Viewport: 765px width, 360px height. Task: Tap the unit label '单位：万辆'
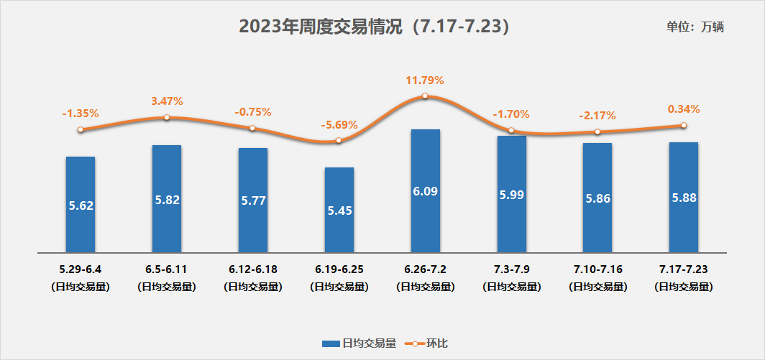[695, 27]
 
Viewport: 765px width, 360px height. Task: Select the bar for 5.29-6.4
[81, 205]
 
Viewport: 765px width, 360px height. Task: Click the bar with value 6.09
[425, 191]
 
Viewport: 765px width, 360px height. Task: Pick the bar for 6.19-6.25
[339, 210]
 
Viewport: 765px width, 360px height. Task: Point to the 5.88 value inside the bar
[683, 198]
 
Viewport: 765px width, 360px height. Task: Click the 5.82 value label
[167, 200]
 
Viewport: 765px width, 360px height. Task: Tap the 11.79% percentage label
[425, 80]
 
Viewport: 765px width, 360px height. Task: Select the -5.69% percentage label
[339, 124]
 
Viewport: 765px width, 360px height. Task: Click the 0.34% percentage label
[683, 109]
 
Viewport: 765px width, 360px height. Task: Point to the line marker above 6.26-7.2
[425, 96]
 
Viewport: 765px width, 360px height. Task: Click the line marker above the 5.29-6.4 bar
[81, 129]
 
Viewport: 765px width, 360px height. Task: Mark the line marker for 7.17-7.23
[683, 125]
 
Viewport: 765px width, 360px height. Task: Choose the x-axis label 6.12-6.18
[253, 269]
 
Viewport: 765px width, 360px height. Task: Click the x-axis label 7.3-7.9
[511, 269]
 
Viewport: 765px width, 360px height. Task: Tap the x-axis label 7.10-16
[597, 269]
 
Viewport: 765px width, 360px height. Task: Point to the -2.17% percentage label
[597, 115]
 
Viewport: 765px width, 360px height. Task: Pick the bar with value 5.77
[253, 200]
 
